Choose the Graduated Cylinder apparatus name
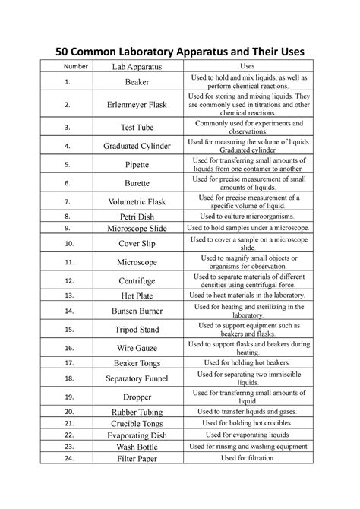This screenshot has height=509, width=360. coord(137,146)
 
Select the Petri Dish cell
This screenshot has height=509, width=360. coord(137,217)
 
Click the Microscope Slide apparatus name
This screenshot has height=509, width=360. coord(137,228)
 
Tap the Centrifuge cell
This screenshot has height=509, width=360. coord(137,281)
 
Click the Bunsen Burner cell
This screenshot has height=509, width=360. coord(137,311)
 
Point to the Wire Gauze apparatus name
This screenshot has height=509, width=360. coord(137,349)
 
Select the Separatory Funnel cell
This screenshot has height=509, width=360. coord(137,378)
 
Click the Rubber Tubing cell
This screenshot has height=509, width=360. coord(137,412)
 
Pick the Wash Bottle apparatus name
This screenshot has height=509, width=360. coord(137,447)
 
